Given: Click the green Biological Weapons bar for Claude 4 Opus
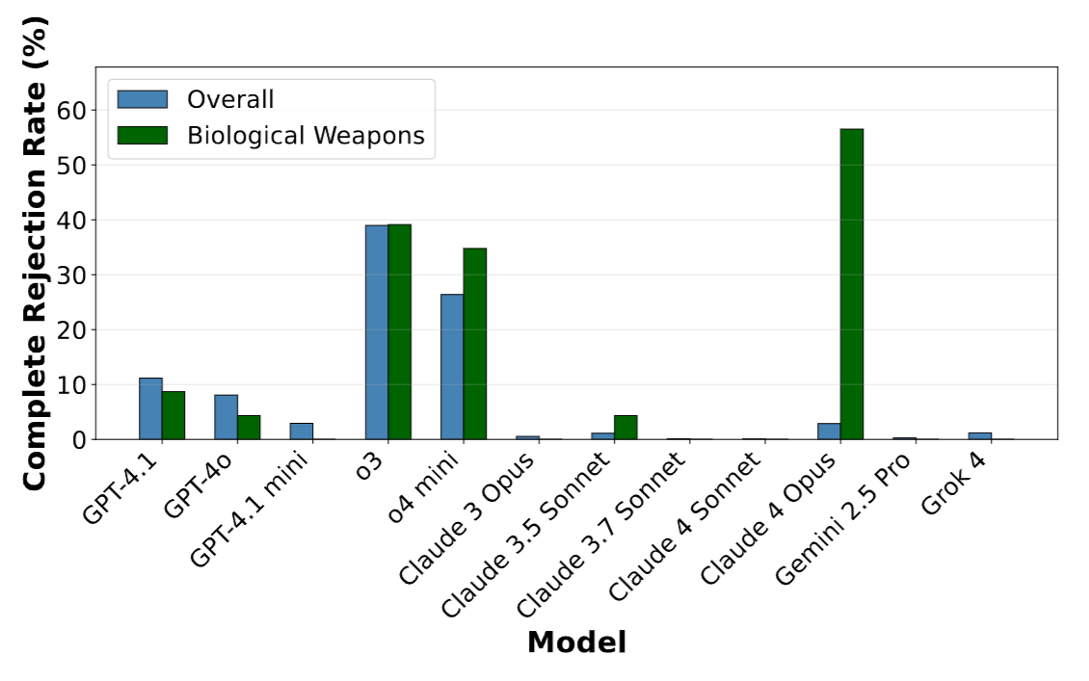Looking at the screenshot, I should pyautogui.click(x=852, y=284).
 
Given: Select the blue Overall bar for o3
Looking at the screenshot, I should pyautogui.click(x=377, y=332).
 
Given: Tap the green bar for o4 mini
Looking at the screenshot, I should pyautogui.click(x=475, y=344).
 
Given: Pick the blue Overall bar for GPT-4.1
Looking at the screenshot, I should pyautogui.click(x=150, y=408).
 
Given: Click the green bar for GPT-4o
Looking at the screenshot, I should pyautogui.click(x=250, y=428).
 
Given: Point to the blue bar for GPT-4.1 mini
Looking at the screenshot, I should pyautogui.click(x=302, y=432).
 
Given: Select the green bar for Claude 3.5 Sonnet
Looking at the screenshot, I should pyautogui.click(x=625, y=428).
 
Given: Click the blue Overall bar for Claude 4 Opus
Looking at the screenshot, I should pyautogui.click(x=829, y=432).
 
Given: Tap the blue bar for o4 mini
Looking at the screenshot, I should pyautogui.click(x=452, y=367).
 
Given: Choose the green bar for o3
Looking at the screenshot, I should pyautogui.click(x=400, y=332).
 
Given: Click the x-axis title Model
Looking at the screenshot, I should pyautogui.click(x=576, y=642).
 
